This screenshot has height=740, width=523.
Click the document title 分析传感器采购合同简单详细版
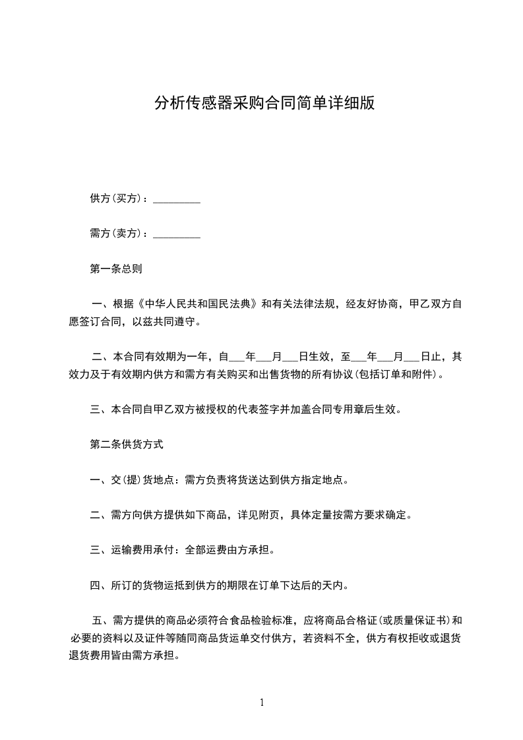coord(264,103)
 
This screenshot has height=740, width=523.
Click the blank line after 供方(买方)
coord(177,199)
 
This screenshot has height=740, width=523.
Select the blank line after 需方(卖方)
coord(177,234)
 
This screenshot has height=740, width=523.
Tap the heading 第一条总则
coord(115,269)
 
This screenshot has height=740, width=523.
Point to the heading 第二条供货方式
coord(126,445)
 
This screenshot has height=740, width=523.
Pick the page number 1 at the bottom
coord(262,702)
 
